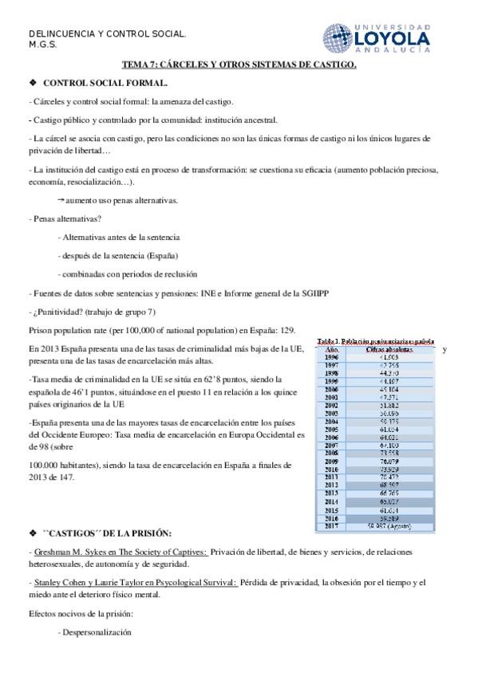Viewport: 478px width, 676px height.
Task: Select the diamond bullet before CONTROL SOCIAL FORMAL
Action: click(x=33, y=82)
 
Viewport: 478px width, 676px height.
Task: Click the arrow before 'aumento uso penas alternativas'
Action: click(x=61, y=200)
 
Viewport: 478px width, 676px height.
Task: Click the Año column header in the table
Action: click(x=333, y=349)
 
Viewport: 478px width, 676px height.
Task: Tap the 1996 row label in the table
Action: click(x=333, y=358)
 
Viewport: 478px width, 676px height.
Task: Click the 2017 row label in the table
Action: click(x=333, y=525)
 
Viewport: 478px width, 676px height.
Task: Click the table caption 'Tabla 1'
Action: click(x=330, y=341)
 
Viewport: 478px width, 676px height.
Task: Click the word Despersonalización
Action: click(x=96, y=632)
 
